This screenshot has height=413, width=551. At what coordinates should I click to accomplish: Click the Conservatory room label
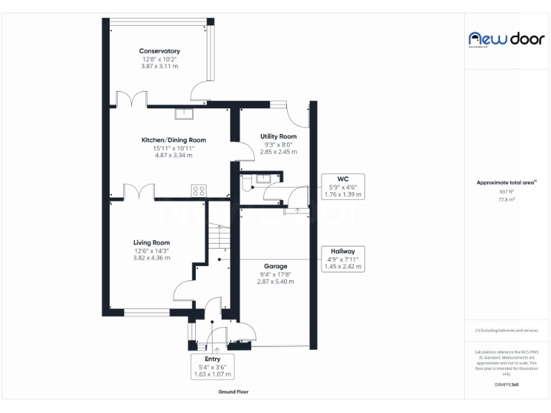tap(159, 51)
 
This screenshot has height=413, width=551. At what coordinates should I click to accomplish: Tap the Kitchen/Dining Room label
tap(174, 140)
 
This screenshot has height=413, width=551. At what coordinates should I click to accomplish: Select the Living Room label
tap(151, 242)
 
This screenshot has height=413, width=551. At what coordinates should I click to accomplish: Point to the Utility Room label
tap(278, 136)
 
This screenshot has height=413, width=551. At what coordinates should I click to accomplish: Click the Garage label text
tap(275, 267)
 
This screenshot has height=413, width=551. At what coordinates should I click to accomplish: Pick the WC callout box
tap(342, 186)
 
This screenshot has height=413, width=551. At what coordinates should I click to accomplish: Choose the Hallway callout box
tap(342, 258)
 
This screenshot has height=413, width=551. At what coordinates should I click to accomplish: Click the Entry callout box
tap(212, 366)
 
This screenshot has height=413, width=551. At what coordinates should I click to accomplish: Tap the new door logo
tap(507, 39)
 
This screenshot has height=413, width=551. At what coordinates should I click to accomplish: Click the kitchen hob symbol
tap(199, 191)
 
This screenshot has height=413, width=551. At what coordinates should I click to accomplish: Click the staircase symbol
tap(220, 236)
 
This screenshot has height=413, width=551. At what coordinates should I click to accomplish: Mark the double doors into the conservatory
tap(131, 98)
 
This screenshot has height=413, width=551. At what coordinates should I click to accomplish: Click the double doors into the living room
tap(139, 192)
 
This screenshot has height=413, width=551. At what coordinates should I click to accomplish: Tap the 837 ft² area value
tap(507, 191)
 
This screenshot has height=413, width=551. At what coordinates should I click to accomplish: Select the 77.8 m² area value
tap(507, 200)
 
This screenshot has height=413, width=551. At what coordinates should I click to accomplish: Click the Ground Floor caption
tap(233, 392)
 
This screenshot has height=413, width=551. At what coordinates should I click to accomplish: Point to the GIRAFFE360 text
tap(507, 385)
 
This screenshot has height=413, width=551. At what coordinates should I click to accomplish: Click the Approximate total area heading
tap(506, 183)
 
